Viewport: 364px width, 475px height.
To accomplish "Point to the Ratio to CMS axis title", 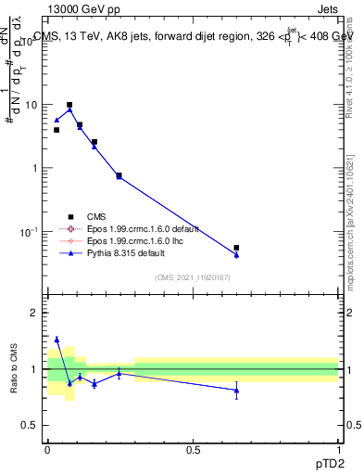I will click(x=16, y=369).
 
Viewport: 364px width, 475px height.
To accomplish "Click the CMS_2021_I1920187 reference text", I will click(x=192, y=277).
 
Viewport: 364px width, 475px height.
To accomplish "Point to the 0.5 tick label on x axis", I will click(x=193, y=449).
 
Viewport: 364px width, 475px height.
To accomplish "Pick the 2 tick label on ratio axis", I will click(x=33, y=314).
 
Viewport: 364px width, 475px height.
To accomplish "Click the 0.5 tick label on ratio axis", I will click(x=30, y=425).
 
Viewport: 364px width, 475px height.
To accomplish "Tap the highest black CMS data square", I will click(x=69, y=106).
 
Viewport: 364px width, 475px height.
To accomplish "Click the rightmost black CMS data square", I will click(x=237, y=248).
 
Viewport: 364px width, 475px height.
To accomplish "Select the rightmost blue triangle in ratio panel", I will click(x=237, y=391).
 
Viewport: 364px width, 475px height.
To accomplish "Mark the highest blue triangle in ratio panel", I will click(x=56, y=340).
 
